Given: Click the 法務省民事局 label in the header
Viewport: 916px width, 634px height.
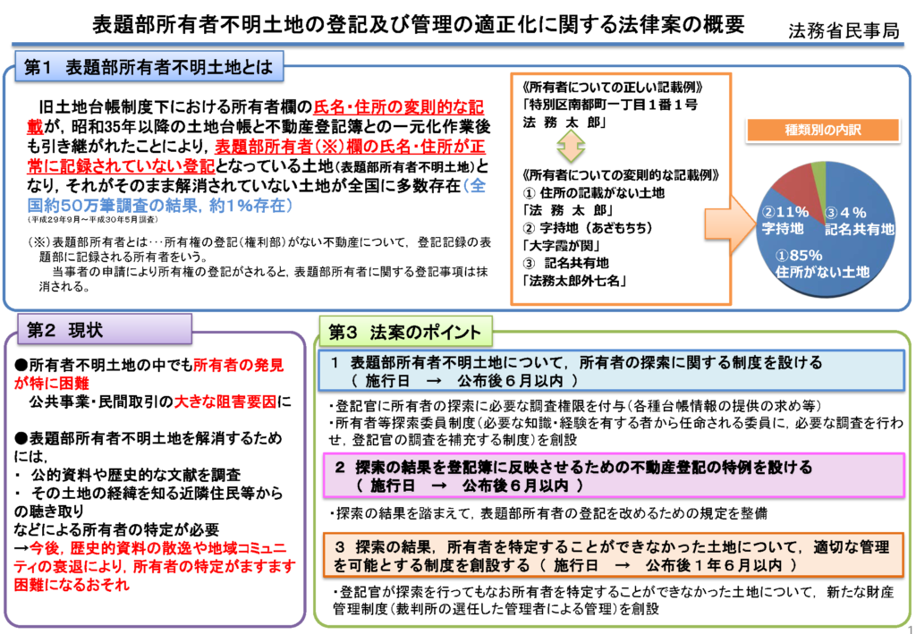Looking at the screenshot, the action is (x=844, y=30).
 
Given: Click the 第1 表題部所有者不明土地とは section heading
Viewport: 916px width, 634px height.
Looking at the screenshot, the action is (x=149, y=66).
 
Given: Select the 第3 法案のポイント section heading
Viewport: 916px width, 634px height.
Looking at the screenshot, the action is (x=406, y=332).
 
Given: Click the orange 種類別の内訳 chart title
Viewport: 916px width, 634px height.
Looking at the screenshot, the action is (x=823, y=130).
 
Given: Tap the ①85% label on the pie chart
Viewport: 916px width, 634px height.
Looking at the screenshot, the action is (x=799, y=256).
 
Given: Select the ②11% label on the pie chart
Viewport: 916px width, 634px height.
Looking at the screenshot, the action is (x=785, y=212).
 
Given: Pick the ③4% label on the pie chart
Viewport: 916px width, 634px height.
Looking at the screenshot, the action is (x=845, y=213).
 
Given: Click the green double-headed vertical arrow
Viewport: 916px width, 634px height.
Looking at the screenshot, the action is (x=570, y=146).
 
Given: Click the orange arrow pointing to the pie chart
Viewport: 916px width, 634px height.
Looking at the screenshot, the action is (x=730, y=223).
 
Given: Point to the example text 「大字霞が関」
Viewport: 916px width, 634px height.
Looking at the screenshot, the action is (x=562, y=245).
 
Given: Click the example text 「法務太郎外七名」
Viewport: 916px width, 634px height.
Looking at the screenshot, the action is (x=574, y=281).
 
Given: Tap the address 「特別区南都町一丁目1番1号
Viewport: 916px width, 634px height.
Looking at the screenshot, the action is (x=610, y=106).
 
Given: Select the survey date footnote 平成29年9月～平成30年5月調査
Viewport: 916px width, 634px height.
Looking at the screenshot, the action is (x=92, y=219).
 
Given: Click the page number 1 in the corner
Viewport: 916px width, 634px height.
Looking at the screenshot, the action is (x=910, y=628).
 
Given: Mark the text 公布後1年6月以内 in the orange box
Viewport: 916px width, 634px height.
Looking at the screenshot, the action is (x=713, y=565).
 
